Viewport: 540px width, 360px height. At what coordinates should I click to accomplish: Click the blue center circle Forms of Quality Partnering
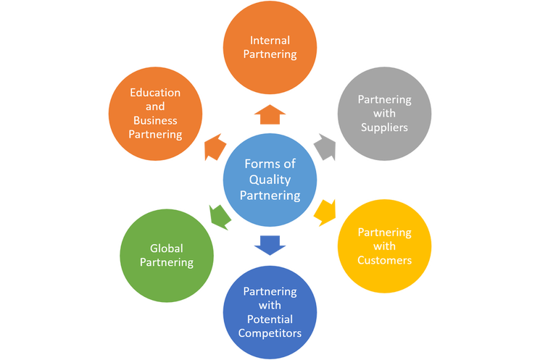point(270,180)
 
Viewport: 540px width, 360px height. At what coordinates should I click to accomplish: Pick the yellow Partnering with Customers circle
point(385,246)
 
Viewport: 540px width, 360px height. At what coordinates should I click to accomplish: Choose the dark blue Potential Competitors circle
point(269,311)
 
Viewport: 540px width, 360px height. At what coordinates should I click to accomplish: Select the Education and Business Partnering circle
point(154,114)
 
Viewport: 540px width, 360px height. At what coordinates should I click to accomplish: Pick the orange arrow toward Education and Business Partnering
point(214,148)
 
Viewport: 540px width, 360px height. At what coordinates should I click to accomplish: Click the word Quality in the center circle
point(270,180)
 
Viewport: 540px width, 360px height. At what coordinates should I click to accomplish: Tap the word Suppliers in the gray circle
point(385,127)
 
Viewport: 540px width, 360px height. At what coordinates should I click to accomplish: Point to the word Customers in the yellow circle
point(385,259)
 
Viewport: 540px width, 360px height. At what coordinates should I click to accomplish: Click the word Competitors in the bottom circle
point(269,332)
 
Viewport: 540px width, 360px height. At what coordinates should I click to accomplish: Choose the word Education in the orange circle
point(154,93)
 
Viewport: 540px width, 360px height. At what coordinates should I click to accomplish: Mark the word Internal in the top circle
point(269,41)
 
